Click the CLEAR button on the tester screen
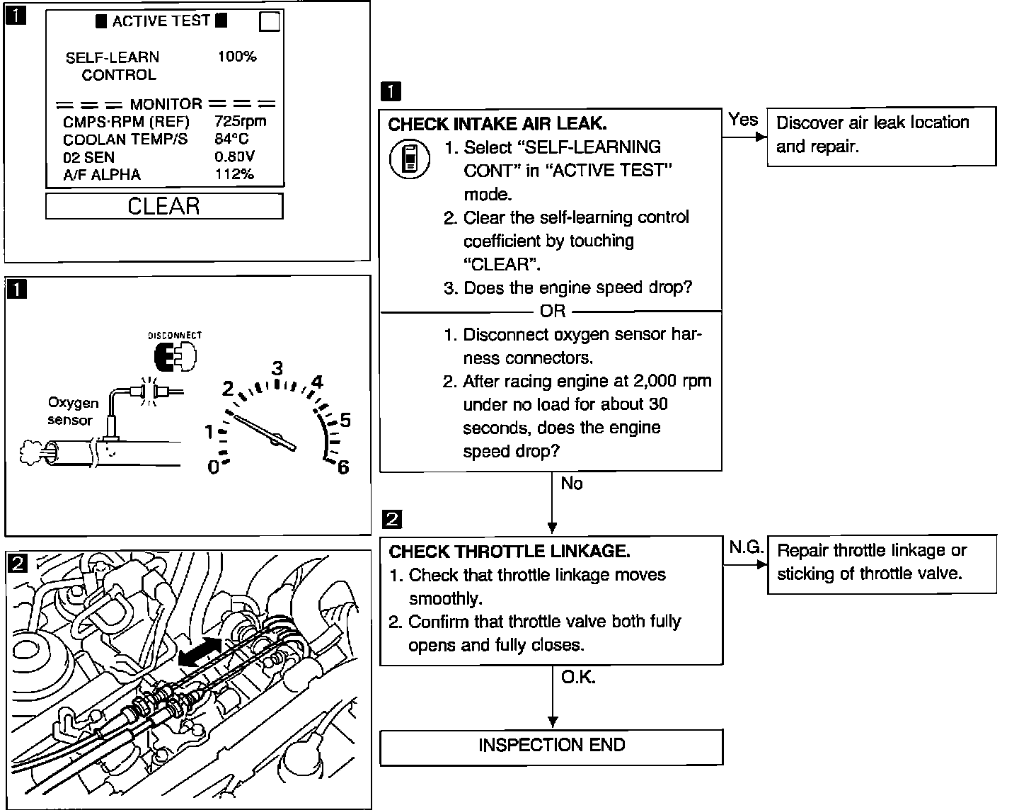164,206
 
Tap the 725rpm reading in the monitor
240,122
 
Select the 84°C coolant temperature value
232,139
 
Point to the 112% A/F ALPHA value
234,174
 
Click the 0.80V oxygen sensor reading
235,157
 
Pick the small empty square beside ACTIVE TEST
270,23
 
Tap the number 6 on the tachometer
343,468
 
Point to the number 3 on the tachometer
277,368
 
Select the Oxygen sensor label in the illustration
73,411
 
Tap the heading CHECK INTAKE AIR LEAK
497,124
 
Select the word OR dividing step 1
552,311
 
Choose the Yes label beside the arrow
743,120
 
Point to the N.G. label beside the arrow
746,547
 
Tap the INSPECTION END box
551,746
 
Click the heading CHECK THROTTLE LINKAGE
509,552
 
